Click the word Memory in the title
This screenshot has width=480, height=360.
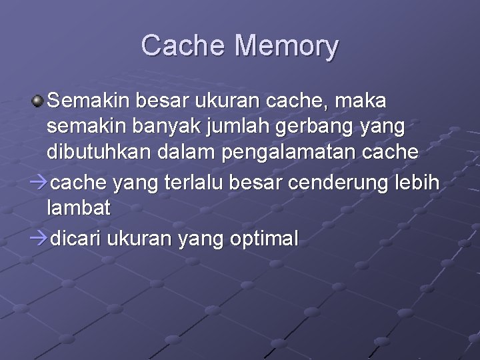(287, 46)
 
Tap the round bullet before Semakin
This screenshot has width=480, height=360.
(39, 101)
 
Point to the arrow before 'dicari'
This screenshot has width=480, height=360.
(41, 239)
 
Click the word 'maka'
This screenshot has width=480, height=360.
(362, 101)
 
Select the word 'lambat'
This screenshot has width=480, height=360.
(79, 207)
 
